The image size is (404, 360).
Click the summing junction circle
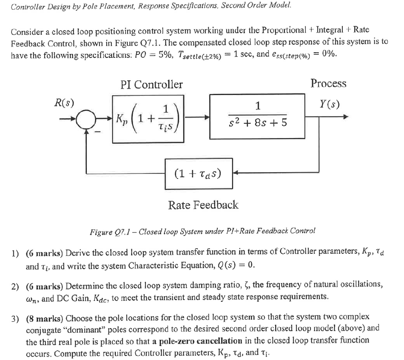(87, 118)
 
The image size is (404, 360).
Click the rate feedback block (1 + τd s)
(199, 173)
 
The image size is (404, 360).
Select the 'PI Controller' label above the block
(151, 85)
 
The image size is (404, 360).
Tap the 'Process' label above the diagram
(328, 83)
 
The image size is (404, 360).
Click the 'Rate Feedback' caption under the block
(203, 205)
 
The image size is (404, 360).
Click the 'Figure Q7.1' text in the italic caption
(109, 232)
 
